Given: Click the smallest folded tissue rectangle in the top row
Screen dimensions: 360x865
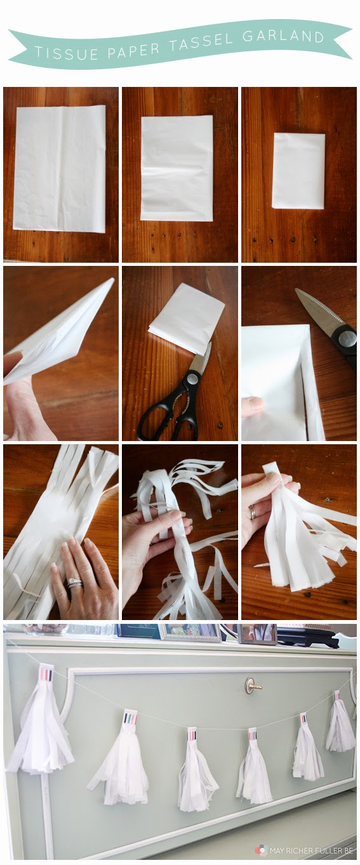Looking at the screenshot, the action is (x=298, y=171).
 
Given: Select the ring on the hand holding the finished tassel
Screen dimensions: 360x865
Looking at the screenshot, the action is (x=253, y=512).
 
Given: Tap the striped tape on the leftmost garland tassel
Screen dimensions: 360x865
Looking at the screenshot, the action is (x=46, y=674).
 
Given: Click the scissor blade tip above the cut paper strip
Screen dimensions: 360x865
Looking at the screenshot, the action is (x=297, y=291).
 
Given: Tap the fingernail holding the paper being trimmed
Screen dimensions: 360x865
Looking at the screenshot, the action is (x=255, y=404).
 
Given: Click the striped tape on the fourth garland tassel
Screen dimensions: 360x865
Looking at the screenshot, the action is (x=253, y=733).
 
